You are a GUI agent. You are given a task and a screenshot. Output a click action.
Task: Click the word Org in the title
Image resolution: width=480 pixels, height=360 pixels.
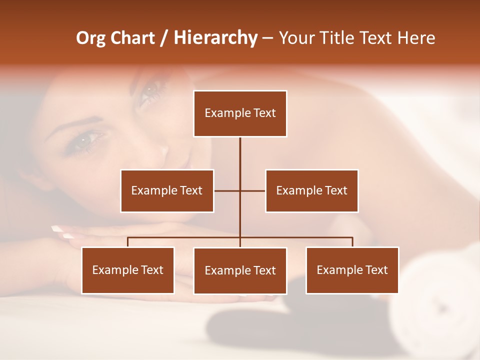90,38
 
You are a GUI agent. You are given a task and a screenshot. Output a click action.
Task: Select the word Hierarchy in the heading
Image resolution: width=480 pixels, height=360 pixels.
215,38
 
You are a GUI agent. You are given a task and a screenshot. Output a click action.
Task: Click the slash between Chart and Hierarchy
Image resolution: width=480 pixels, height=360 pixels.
164,38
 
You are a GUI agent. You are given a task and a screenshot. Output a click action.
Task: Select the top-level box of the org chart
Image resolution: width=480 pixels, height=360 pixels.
240,113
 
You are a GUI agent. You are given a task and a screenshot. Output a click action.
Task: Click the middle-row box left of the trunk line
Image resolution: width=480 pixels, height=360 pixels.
167,190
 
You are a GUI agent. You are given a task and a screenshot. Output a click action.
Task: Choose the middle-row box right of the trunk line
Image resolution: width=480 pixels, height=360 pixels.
311,190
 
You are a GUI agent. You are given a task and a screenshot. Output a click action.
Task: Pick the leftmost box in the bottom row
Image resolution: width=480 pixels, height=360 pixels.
128,270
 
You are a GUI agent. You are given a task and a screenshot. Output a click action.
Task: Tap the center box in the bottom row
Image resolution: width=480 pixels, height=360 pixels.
240,270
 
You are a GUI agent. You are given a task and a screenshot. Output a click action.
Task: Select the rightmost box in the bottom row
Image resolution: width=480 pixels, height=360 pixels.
352,270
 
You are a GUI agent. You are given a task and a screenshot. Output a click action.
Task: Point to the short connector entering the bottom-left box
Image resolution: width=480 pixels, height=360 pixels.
128,242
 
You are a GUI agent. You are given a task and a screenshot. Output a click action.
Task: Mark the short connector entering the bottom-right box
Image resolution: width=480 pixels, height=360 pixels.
352,242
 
